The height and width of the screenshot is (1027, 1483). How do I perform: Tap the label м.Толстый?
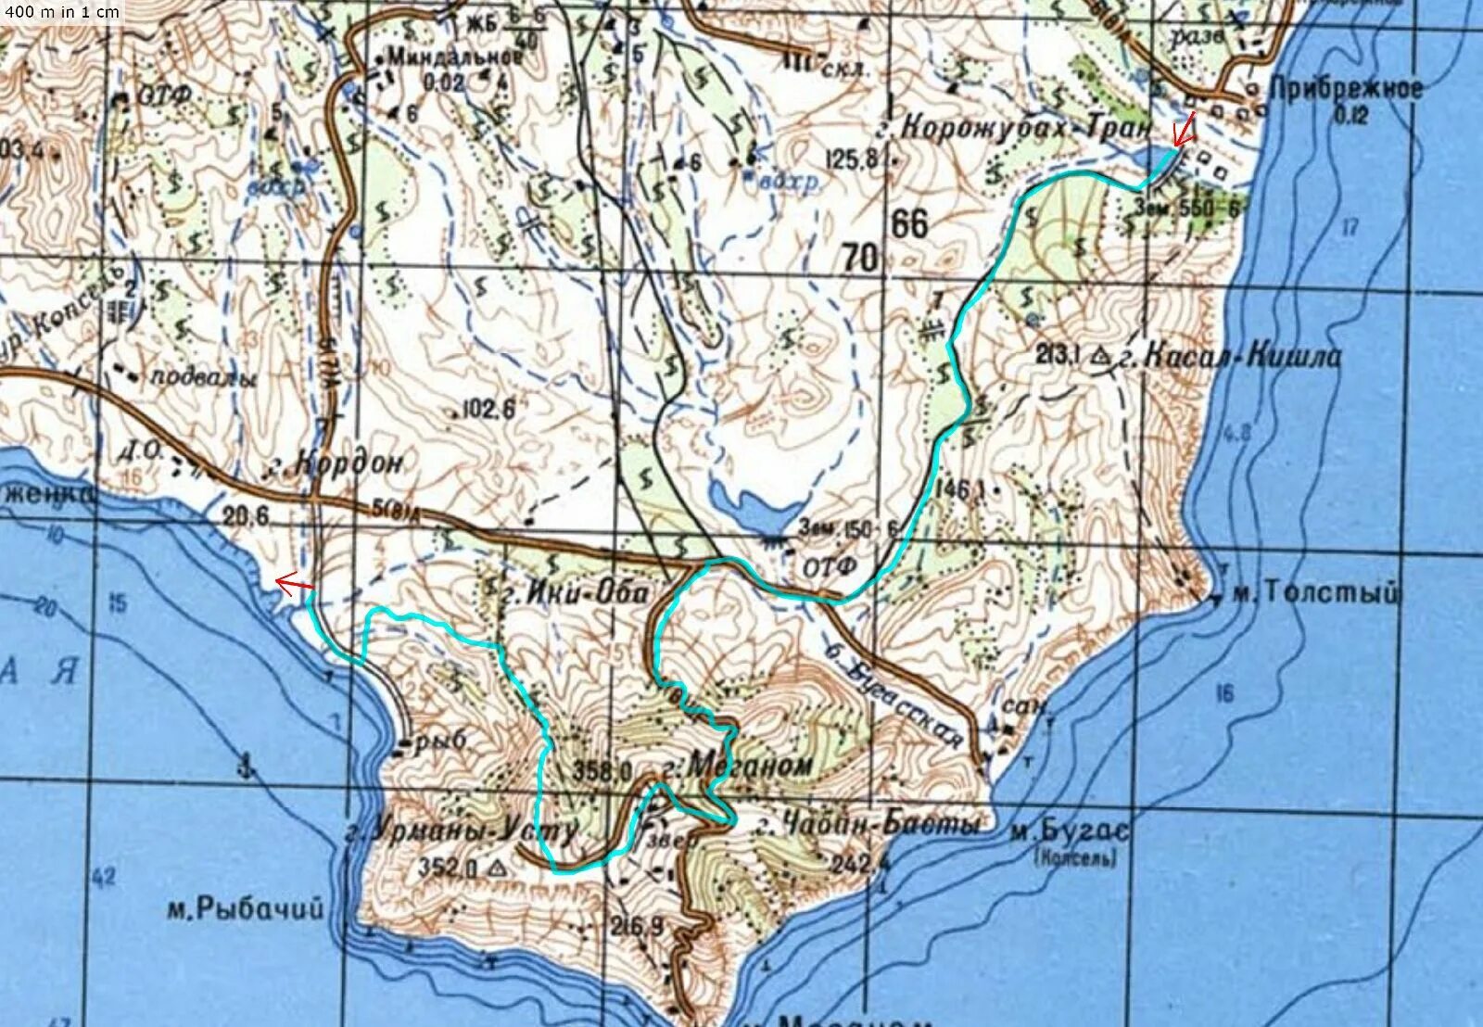click(x=1313, y=593)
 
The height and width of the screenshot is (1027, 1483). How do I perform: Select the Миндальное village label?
click(x=454, y=57)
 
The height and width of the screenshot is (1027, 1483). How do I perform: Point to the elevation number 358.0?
click(x=602, y=769)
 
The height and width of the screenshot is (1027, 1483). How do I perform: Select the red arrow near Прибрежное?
click(x=1183, y=129)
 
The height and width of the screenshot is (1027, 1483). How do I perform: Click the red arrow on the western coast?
click(x=295, y=583)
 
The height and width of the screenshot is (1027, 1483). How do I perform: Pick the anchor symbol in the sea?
click(x=246, y=766)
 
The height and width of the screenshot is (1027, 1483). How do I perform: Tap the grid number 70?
click(x=860, y=258)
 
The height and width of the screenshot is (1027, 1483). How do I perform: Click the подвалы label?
click(x=203, y=377)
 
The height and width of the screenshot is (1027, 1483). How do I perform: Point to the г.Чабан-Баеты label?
click(x=866, y=825)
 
